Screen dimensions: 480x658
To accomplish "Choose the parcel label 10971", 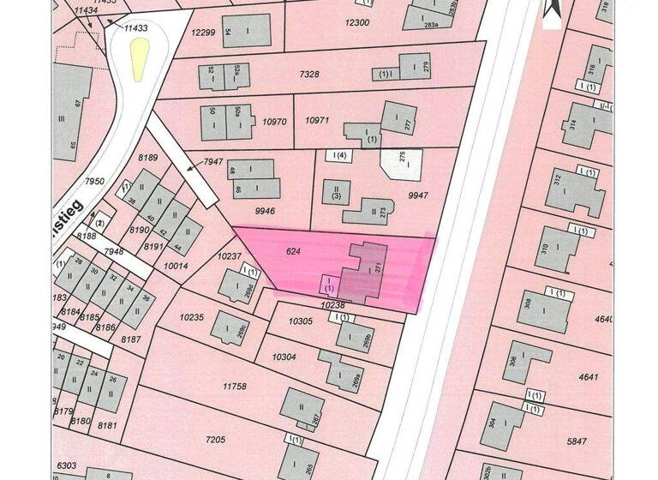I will tap(318, 122).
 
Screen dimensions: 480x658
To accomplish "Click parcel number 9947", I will tap(417, 196).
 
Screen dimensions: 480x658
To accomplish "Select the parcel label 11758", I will tap(234, 387).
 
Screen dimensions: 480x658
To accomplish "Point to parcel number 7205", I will tap(214, 440).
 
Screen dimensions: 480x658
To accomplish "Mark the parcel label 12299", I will tap(203, 33).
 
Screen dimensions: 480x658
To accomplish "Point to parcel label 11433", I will tap(136, 28).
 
